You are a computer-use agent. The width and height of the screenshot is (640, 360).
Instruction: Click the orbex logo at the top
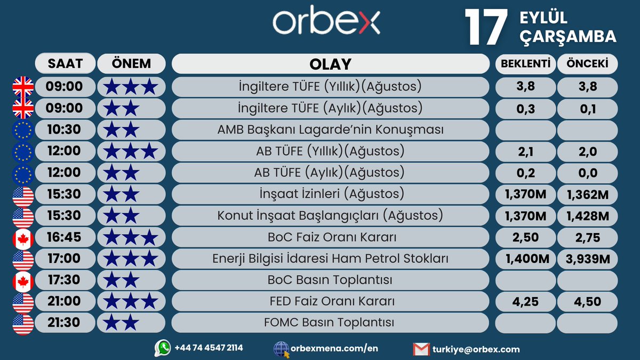326,22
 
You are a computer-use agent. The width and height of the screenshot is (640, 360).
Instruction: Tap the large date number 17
485,27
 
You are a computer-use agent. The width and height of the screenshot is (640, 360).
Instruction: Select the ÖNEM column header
131,64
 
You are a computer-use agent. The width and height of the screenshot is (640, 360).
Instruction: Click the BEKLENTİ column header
525,64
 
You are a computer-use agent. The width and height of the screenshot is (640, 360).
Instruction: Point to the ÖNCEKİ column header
588,64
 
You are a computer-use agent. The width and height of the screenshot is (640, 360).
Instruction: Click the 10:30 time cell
65,130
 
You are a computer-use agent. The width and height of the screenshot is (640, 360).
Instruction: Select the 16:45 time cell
65,237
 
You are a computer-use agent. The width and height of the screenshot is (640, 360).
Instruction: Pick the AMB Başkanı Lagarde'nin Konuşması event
331,130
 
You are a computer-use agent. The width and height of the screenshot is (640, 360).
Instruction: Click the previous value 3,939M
588,259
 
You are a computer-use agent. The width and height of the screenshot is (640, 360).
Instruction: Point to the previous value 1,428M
588,216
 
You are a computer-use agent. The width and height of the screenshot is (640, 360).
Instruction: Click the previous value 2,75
588,237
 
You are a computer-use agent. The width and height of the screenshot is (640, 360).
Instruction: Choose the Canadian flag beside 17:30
23,280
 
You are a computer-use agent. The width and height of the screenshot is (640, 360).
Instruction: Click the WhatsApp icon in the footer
162,348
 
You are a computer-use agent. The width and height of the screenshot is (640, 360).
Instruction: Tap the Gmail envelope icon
421,349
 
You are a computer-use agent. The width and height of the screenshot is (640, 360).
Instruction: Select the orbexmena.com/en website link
334,349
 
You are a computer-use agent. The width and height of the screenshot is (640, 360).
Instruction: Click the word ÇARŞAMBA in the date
567,36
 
